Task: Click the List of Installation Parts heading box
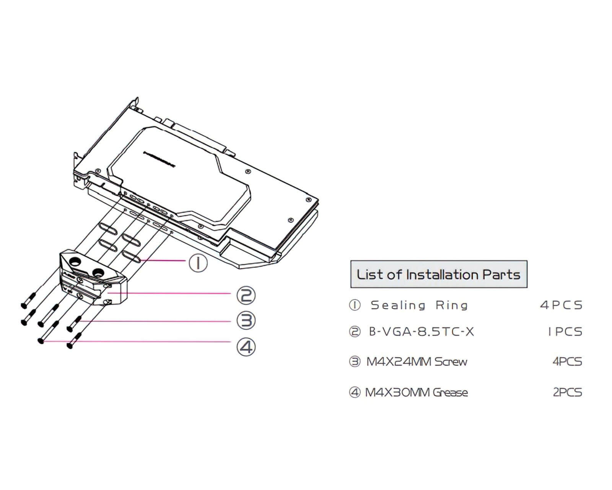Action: pyautogui.click(x=439, y=274)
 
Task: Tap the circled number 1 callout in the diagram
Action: pyautogui.click(x=198, y=263)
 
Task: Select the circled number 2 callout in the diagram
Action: pyautogui.click(x=246, y=295)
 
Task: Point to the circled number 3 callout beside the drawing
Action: pyautogui.click(x=246, y=321)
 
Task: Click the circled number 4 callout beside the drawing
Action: pyautogui.click(x=246, y=347)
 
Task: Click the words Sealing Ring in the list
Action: pyautogui.click(x=419, y=305)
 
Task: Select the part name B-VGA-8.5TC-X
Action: pyautogui.click(x=422, y=332)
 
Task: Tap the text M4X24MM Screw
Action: pyautogui.click(x=417, y=362)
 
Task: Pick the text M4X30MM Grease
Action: pyautogui.click(x=417, y=392)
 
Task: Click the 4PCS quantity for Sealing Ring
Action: pyautogui.click(x=561, y=305)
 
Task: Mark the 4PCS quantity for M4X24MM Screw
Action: pyautogui.click(x=567, y=362)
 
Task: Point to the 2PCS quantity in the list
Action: pyautogui.click(x=567, y=392)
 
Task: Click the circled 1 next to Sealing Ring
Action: pyautogui.click(x=355, y=305)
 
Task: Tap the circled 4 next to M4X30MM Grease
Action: pyautogui.click(x=355, y=392)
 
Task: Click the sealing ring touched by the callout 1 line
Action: pyautogui.click(x=132, y=256)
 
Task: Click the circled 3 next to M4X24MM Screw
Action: pyautogui.click(x=355, y=362)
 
